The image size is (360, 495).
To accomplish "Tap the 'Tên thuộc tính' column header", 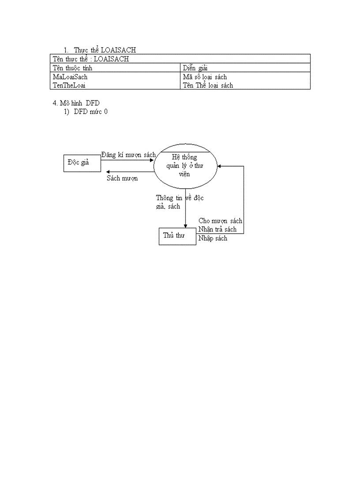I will [x=72, y=68].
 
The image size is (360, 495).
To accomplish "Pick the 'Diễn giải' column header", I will [x=195, y=68].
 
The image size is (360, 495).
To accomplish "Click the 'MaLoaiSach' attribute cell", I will [x=70, y=77].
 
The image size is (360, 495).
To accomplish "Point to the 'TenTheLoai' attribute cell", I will [x=69, y=86].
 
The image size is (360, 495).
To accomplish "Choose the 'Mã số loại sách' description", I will [x=205, y=77].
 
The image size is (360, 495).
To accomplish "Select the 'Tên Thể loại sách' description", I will [x=208, y=86].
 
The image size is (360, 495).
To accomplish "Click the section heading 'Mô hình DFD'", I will [x=76, y=103].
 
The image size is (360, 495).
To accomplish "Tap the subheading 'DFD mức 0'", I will [x=90, y=112].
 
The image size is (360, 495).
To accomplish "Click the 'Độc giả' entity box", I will [x=82, y=163].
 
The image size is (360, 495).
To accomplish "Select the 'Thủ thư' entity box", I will [x=177, y=236].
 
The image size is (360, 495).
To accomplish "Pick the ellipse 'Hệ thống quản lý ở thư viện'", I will [x=185, y=166].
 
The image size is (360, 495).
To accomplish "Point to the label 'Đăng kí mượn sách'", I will [x=128, y=155].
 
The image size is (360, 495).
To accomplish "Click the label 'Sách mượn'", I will [x=122, y=178].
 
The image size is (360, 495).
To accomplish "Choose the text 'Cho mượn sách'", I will [x=220, y=221].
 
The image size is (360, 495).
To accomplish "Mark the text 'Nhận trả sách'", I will [x=217, y=229].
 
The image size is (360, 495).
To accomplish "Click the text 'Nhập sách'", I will [x=213, y=238].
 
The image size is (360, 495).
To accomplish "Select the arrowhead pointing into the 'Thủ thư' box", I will [x=185, y=225].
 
